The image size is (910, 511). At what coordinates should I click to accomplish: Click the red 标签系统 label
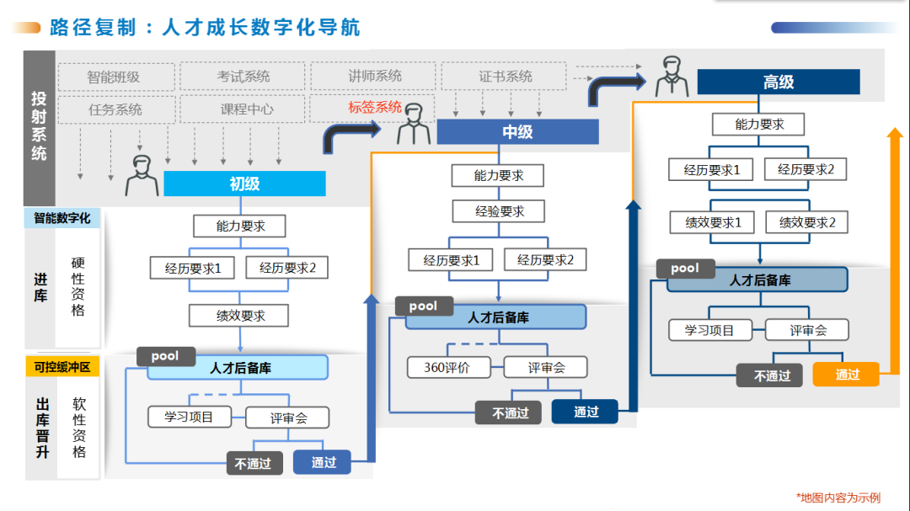(x=375, y=108)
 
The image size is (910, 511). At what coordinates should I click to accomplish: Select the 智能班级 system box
(x=114, y=77)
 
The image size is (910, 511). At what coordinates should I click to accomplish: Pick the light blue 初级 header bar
(x=244, y=184)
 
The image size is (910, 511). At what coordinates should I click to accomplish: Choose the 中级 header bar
(x=517, y=132)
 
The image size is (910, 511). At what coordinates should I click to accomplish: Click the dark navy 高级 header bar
(x=779, y=83)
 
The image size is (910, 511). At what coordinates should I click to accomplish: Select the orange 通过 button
(x=846, y=375)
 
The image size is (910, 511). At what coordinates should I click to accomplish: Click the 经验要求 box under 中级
(x=499, y=210)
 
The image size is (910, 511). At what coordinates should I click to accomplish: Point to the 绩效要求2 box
(x=806, y=222)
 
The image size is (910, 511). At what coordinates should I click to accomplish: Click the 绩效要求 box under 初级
(x=240, y=316)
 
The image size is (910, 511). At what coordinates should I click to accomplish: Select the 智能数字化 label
(x=62, y=218)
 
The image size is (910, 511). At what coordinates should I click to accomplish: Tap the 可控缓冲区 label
(x=62, y=367)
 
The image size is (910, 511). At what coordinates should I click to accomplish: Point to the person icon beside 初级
(x=142, y=175)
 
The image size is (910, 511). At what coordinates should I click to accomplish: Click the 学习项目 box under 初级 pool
(x=190, y=417)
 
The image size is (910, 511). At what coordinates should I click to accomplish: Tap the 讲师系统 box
(x=375, y=77)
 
